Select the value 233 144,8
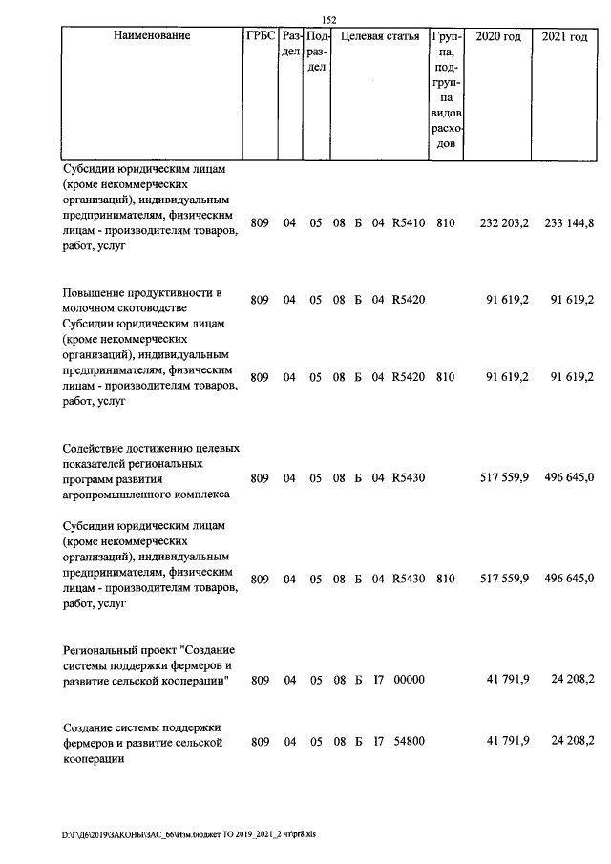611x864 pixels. coord(569,223)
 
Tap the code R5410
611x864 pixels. coord(408,223)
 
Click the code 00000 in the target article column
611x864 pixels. coord(408,679)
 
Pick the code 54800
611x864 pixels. coord(408,741)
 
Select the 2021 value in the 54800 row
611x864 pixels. coord(569,741)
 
